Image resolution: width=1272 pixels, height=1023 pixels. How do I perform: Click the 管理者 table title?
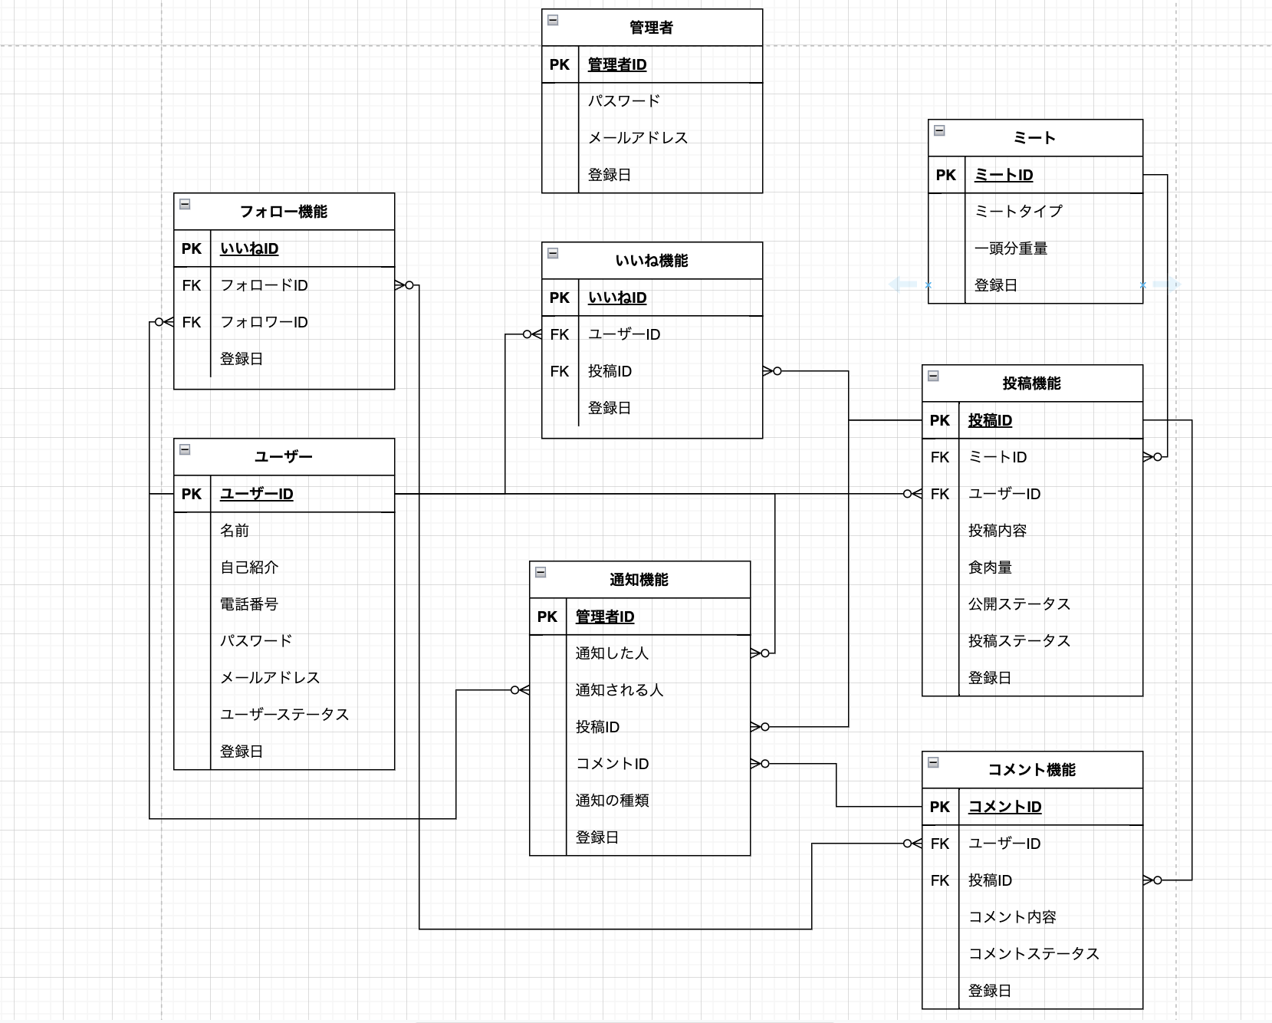coord(651,28)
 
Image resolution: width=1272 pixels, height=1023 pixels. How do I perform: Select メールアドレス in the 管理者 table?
coord(637,138)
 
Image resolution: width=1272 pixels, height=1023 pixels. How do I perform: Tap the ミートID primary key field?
coord(1003,175)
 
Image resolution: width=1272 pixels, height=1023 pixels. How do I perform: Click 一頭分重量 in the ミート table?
coord(1011,248)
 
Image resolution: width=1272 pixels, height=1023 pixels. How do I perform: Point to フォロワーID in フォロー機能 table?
coord(264,322)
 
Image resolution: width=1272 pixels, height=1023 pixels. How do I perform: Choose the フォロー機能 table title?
coord(283,212)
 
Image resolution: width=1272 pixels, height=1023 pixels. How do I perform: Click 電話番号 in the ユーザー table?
coord(248,604)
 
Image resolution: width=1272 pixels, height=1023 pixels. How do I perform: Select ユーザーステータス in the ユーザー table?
coord(284,715)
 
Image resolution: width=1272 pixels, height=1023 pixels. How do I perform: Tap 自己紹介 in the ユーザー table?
coord(248,567)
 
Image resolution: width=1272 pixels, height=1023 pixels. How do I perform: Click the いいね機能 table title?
coord(651,261)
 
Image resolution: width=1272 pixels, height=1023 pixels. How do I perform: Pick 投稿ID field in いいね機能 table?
coord(610,371)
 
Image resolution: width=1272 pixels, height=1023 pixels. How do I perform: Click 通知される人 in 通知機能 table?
coord(619,690)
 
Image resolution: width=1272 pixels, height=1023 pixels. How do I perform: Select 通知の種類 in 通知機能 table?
coord(612,801)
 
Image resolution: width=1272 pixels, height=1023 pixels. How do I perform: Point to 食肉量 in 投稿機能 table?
coord(989,567)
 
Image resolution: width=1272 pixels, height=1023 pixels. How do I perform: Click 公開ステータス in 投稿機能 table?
coord(1018,604)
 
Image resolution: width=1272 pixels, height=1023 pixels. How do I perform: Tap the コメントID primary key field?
coord(1004,807)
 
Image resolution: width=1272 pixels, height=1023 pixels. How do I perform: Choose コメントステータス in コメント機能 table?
coord(1033,954)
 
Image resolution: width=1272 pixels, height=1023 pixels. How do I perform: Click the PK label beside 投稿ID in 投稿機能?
coord(939,420)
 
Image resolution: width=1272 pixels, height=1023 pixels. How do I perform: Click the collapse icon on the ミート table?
coord(939,130)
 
